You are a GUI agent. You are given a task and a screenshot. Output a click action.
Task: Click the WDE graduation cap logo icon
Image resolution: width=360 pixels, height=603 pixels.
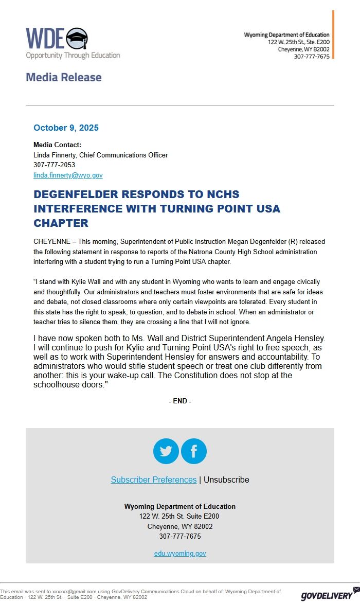tap(77, 38)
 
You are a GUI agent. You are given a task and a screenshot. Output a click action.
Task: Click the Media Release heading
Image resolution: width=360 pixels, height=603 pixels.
tap(64, 77)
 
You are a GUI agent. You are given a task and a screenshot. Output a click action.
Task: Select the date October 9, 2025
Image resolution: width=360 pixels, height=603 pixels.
tap(66, 128)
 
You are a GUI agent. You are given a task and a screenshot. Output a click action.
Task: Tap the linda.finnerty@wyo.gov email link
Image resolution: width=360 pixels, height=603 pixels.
tap(68, 175)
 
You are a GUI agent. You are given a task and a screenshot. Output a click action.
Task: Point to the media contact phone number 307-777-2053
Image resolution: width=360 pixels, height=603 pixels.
tap(54, 165)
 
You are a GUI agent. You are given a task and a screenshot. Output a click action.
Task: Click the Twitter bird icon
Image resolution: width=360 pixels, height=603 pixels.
tap(166, 451)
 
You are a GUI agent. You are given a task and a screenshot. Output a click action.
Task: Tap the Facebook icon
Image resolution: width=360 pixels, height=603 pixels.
tap(194, 451)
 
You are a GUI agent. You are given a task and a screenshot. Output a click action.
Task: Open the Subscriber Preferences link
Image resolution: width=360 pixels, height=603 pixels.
tap(154, 480)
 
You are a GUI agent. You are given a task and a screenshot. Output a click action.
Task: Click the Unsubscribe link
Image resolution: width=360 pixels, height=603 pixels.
tap(226, 480)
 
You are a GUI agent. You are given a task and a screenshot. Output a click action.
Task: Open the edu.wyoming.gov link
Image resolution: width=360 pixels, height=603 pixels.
tap(180, 554)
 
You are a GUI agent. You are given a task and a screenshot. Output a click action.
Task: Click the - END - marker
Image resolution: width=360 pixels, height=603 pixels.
tap(180, 401)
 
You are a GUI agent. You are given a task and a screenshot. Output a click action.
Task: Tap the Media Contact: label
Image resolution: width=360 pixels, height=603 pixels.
tap(57, 145)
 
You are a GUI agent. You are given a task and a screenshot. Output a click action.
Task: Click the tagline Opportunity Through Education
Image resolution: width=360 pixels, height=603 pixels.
tap(73, 56)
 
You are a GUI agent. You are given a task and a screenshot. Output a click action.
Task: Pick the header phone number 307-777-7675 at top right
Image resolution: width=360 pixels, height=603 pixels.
tap(312, 57)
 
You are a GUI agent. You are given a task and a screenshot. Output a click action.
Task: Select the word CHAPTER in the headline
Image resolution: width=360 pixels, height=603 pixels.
tap(61, 223)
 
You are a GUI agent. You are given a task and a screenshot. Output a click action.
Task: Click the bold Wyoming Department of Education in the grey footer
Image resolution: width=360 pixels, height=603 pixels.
tap(180, 507)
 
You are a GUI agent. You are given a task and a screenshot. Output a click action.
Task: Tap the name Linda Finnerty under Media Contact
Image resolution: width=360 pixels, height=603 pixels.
tap(55, 155)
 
